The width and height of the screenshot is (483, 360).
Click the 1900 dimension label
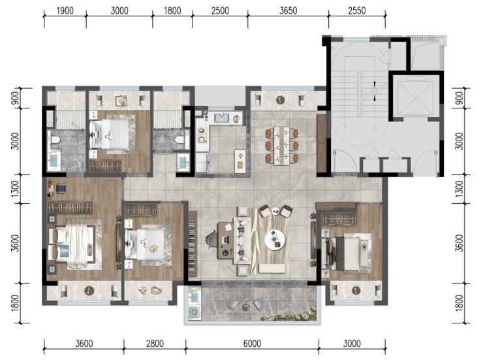65,11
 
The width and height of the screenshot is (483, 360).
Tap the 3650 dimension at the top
288,11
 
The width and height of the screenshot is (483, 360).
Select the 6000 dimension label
252,344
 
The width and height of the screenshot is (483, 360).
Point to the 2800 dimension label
155,344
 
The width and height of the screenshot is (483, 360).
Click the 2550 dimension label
357,11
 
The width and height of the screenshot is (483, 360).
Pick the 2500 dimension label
220,11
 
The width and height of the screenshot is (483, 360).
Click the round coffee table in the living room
275,239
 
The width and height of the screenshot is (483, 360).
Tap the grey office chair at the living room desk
213,240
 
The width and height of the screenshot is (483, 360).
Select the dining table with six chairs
282,146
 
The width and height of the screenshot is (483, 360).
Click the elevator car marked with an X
415,97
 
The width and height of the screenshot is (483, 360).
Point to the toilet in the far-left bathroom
55,140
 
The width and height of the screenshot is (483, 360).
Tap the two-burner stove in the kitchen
202,135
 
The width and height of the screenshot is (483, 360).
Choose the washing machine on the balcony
195,312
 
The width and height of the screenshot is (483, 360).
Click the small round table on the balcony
246,307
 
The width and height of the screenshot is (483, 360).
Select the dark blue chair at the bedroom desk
61,188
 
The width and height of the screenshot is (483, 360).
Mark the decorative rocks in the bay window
149,291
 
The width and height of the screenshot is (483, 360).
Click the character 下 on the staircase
345,125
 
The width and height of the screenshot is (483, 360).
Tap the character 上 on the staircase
375,126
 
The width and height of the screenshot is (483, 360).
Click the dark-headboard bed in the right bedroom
347,252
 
